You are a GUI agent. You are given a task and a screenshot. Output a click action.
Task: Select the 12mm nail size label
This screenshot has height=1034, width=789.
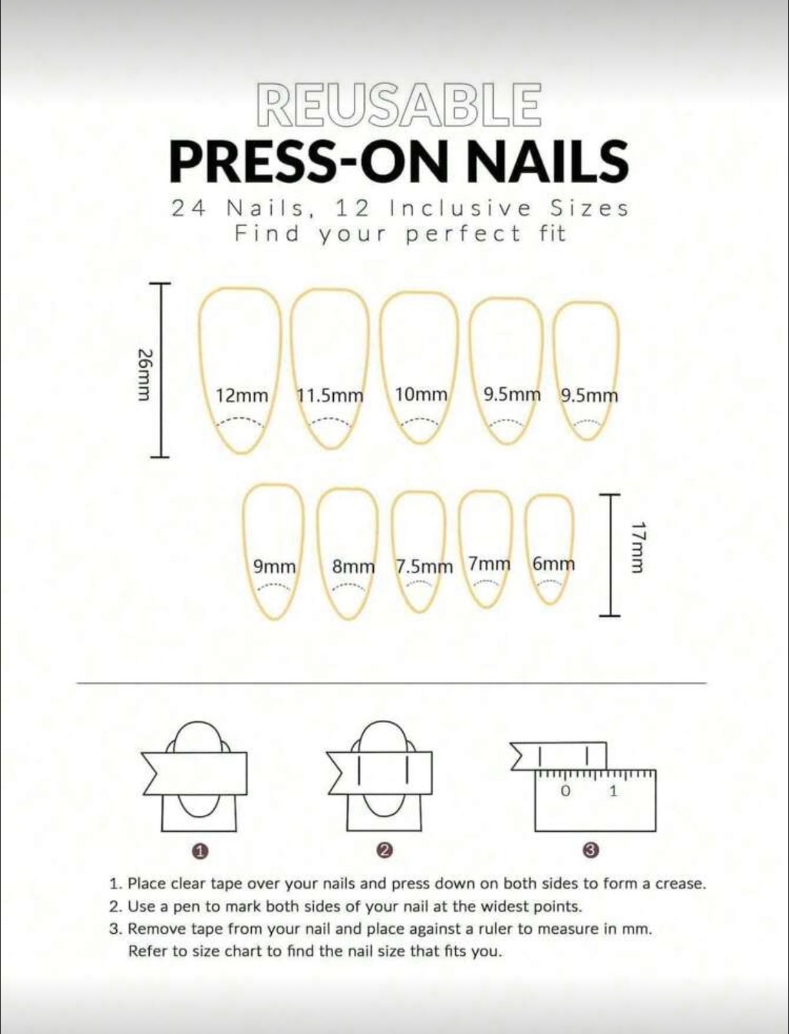point(241,396)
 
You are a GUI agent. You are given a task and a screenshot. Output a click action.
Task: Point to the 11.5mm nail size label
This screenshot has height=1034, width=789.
point(330,396)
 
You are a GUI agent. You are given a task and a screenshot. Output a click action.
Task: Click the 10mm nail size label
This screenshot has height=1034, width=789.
point(421,394)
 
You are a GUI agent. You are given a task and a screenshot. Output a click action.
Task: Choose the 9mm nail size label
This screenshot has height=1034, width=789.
point(274,567)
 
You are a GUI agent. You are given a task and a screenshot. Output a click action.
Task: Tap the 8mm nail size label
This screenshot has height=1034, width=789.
point(353,567)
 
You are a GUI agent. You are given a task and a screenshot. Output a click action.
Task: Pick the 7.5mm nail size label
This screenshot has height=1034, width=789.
point(424,567)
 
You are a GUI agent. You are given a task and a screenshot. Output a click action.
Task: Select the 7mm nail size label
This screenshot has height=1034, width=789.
point(489,564)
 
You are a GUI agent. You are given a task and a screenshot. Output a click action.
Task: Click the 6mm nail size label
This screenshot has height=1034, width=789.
point(553,564)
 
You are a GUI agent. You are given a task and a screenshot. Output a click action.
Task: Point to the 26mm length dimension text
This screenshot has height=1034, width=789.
point(146,374)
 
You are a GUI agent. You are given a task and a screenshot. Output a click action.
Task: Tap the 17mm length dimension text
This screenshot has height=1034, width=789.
point(637,547)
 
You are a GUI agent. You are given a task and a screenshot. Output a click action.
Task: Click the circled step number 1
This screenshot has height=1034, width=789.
point(200,851)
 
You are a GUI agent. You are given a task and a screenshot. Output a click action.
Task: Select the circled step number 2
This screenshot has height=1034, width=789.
point(384,851)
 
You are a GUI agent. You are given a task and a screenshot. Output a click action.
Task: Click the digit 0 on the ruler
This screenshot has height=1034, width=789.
point(566,791)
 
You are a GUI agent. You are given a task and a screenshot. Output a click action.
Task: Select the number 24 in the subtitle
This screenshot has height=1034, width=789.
point(189,209)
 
